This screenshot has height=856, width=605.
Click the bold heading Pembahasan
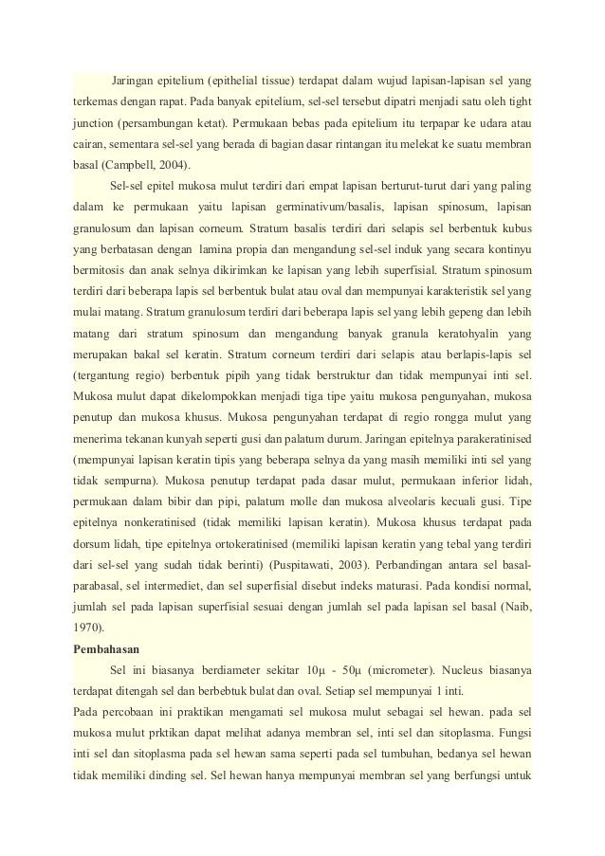[x=107, y=651]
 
